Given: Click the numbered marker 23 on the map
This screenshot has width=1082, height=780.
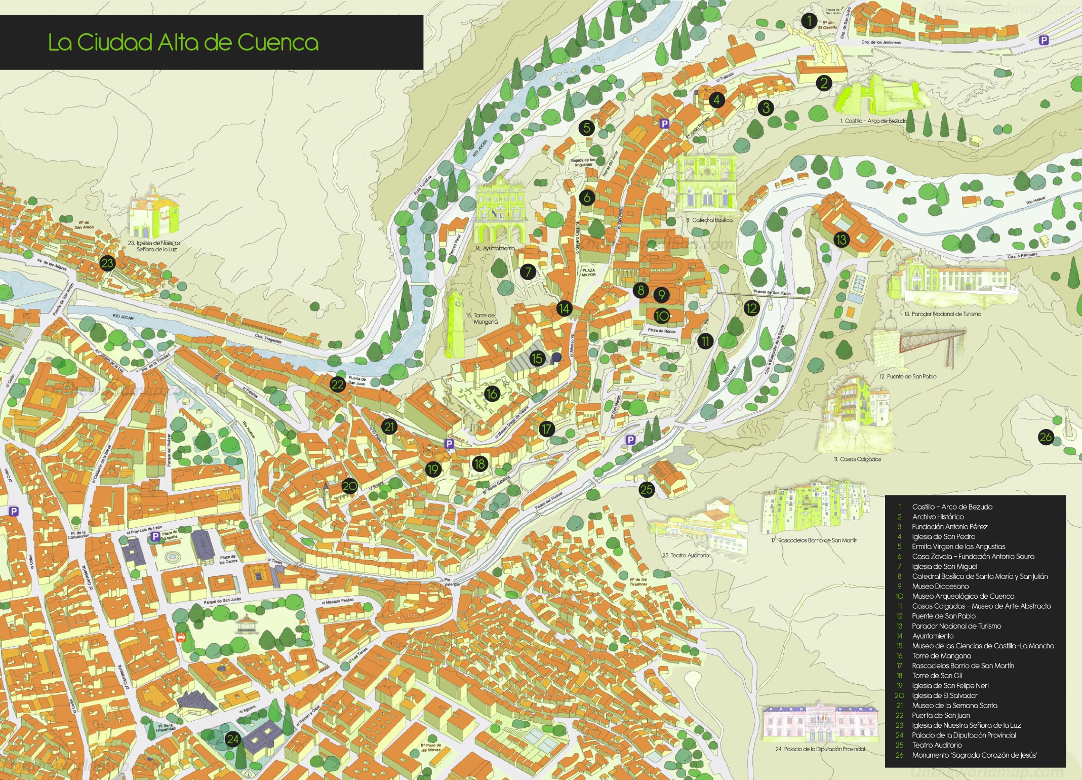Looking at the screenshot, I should point(107,263).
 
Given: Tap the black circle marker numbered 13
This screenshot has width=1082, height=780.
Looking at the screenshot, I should point(841,240).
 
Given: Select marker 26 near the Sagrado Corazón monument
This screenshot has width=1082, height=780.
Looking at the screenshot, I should point(1046,437).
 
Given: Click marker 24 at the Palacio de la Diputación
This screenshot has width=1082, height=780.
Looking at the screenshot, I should point(232,739).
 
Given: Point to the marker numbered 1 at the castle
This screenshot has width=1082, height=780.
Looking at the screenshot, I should point(809,21).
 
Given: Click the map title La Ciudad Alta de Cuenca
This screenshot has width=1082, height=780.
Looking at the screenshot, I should point(183,43).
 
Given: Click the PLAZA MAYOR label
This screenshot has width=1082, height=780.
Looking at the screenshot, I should point(588,272).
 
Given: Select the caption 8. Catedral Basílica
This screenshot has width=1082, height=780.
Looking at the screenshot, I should point(709,220).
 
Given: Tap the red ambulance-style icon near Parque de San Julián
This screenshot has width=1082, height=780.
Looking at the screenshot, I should point(181,638).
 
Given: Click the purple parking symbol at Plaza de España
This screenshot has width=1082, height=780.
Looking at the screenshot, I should point(156,535).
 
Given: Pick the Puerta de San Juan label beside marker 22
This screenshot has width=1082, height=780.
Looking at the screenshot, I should point(356,381).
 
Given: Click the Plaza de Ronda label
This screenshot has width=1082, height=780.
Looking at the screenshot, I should point(662,331).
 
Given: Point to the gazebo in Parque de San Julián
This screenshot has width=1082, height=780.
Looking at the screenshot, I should point(247,625).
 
